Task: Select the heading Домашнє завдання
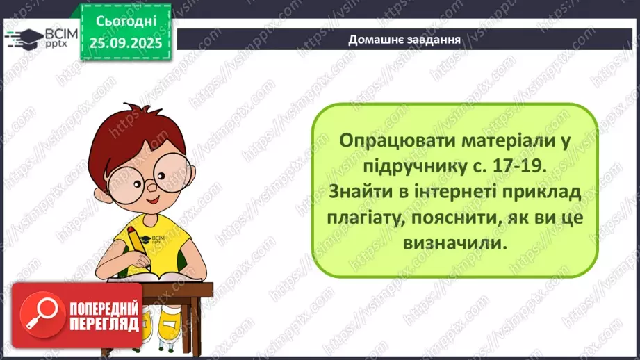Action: (405, 39)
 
